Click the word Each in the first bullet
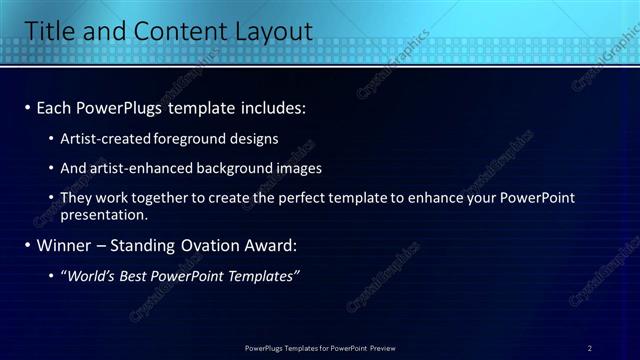click(54, 106)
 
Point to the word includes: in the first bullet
click(265, 106)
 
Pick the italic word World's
click(93, 276)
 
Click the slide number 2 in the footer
click(590, 348)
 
